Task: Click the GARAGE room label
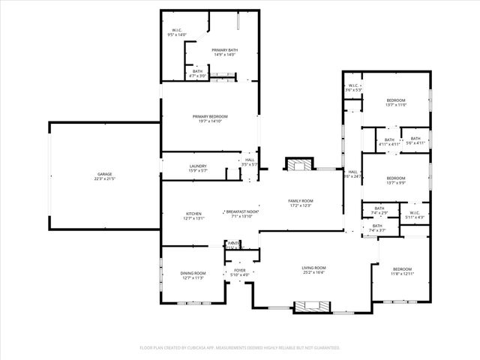[103, 174]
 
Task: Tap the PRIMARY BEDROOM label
[209, 116]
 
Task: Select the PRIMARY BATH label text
[224, 50]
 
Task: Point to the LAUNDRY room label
[198, 166]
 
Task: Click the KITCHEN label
[193, 214]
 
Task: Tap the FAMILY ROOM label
[301, 201]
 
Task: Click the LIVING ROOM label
[313, 268]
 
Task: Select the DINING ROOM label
[193, 273]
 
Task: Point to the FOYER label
[240, 270]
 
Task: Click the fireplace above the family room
[301, 164]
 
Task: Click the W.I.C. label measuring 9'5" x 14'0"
[178, 31]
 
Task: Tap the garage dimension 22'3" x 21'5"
[103, 178]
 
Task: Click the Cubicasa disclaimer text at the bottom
[240, 347]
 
